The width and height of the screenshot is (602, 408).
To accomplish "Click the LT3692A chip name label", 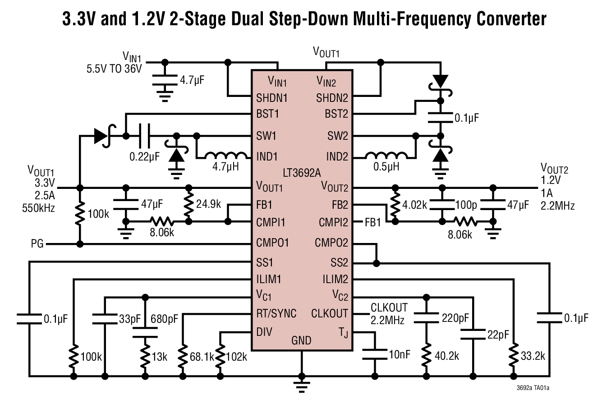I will [x=301, y=173].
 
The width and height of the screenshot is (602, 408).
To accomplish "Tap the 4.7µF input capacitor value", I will [x=192, y=81].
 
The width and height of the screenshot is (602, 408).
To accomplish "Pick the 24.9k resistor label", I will [x=208, y=204].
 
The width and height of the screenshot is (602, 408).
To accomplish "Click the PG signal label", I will [x=37, y=244].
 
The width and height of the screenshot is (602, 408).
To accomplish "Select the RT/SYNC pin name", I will [x=276, y=313].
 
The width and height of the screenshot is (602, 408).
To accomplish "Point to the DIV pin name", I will [x=264, y=332].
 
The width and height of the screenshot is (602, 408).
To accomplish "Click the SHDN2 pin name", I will [x=332, y=98].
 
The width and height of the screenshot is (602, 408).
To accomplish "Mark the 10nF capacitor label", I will [x=400, y=354].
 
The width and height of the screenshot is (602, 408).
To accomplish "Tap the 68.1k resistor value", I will [x=202, y=357].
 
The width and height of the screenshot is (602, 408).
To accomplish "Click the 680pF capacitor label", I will [x=165, y=319].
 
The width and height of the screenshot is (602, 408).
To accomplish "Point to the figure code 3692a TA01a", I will [x=536, y=387].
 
